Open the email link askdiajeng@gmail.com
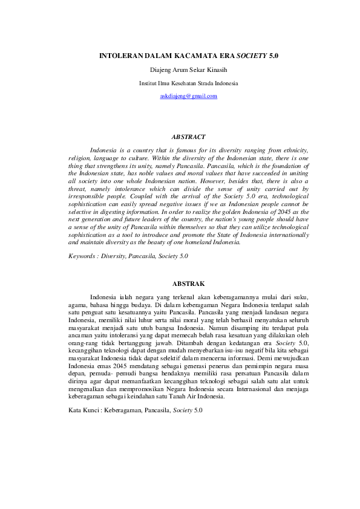click(x=188, y=96)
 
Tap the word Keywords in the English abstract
click(x=82, y=256)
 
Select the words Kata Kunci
click(x=81, y=410)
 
